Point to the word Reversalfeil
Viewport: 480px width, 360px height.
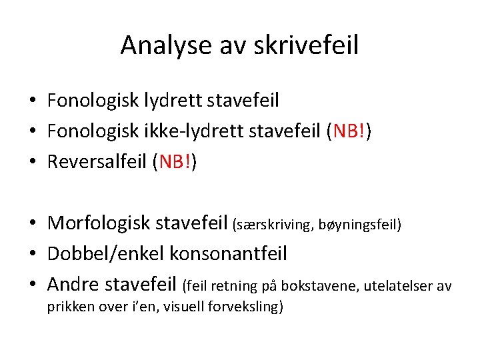[x=97, y=162]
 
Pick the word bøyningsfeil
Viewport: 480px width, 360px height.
[x=359, y=225]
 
